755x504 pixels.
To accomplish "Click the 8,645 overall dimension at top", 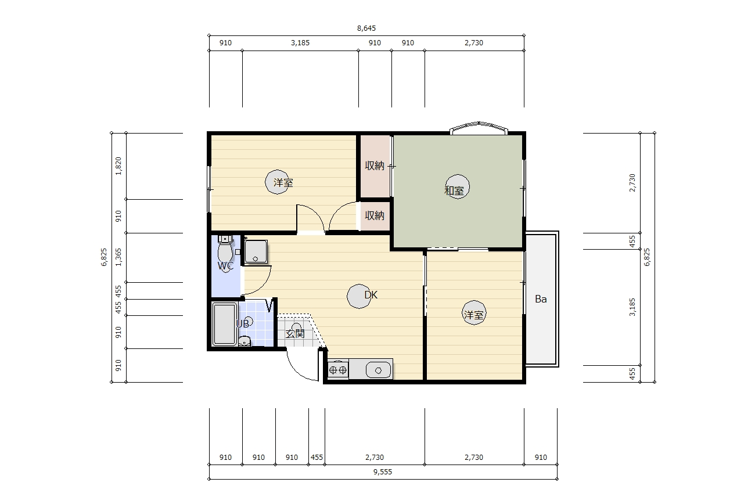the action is (366, 28).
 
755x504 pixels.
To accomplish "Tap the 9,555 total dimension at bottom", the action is (383, 472).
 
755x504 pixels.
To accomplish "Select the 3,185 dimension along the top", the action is (300, 43).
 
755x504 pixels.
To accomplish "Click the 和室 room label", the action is (454, 190).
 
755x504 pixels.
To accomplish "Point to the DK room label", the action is (371, 295).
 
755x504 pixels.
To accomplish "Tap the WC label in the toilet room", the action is (225, 266).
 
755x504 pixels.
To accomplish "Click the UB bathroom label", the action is (243, 324).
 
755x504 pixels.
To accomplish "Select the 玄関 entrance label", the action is (295, 333).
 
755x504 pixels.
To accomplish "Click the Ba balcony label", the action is (541, 299).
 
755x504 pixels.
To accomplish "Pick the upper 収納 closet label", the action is (375, 165).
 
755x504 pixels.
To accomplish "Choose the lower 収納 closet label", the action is (375, 215).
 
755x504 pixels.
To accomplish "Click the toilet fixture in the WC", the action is (225, 251).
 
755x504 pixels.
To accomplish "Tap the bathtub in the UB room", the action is (225, 325).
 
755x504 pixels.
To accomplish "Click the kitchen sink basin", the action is (378, 370).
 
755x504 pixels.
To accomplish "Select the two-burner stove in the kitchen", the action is (338, 370).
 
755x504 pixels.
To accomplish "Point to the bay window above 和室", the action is (479, 128).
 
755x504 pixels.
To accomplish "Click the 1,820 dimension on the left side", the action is (118, 166).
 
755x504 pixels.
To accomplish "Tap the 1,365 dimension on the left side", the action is (118, 257).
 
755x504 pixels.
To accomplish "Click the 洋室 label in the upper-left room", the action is (283, 183).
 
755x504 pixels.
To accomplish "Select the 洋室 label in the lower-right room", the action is (473, 315).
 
